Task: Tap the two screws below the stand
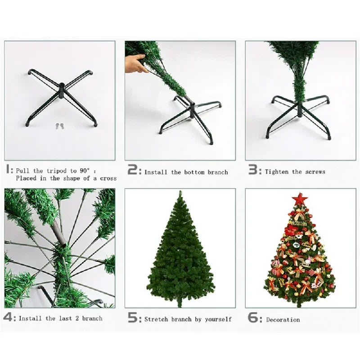tap(59, 127)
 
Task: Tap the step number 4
tap(9, 318)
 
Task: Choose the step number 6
tap(253, 318)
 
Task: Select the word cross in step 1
tap(108, 178)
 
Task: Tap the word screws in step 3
tap(315, 172)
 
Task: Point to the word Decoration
tap(283, 320)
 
